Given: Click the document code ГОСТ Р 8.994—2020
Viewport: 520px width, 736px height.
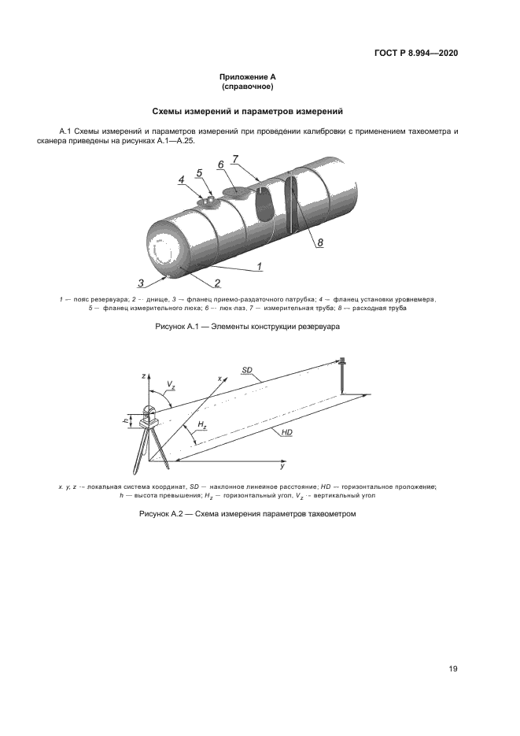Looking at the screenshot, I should click(415, 53).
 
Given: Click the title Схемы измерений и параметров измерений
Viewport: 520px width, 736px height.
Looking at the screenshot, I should click(247, 112).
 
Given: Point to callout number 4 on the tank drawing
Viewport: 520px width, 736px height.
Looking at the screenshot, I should click(181, 179).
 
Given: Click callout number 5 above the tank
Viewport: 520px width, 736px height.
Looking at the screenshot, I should click(199, 172).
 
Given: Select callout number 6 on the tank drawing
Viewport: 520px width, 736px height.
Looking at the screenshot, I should click(221, 164).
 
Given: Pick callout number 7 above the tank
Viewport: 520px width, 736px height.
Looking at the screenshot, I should click(235, 158).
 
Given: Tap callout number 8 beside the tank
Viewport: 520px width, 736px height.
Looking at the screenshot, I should click(320, 243).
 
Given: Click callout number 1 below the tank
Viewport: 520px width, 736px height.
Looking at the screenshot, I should click(259, 267).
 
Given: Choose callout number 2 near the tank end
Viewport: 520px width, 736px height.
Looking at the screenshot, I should click(216, 282).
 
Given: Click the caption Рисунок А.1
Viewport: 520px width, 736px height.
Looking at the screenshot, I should click(247, 327).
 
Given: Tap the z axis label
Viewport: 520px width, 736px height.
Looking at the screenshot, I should click(143, 376).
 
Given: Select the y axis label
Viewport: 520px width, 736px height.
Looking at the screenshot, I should click(282, 466).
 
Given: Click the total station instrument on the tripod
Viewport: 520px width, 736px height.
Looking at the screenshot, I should click(149, 416).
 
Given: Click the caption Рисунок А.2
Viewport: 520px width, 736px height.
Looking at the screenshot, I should click(247, 514).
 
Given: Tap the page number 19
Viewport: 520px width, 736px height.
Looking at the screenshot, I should click(453, 669).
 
